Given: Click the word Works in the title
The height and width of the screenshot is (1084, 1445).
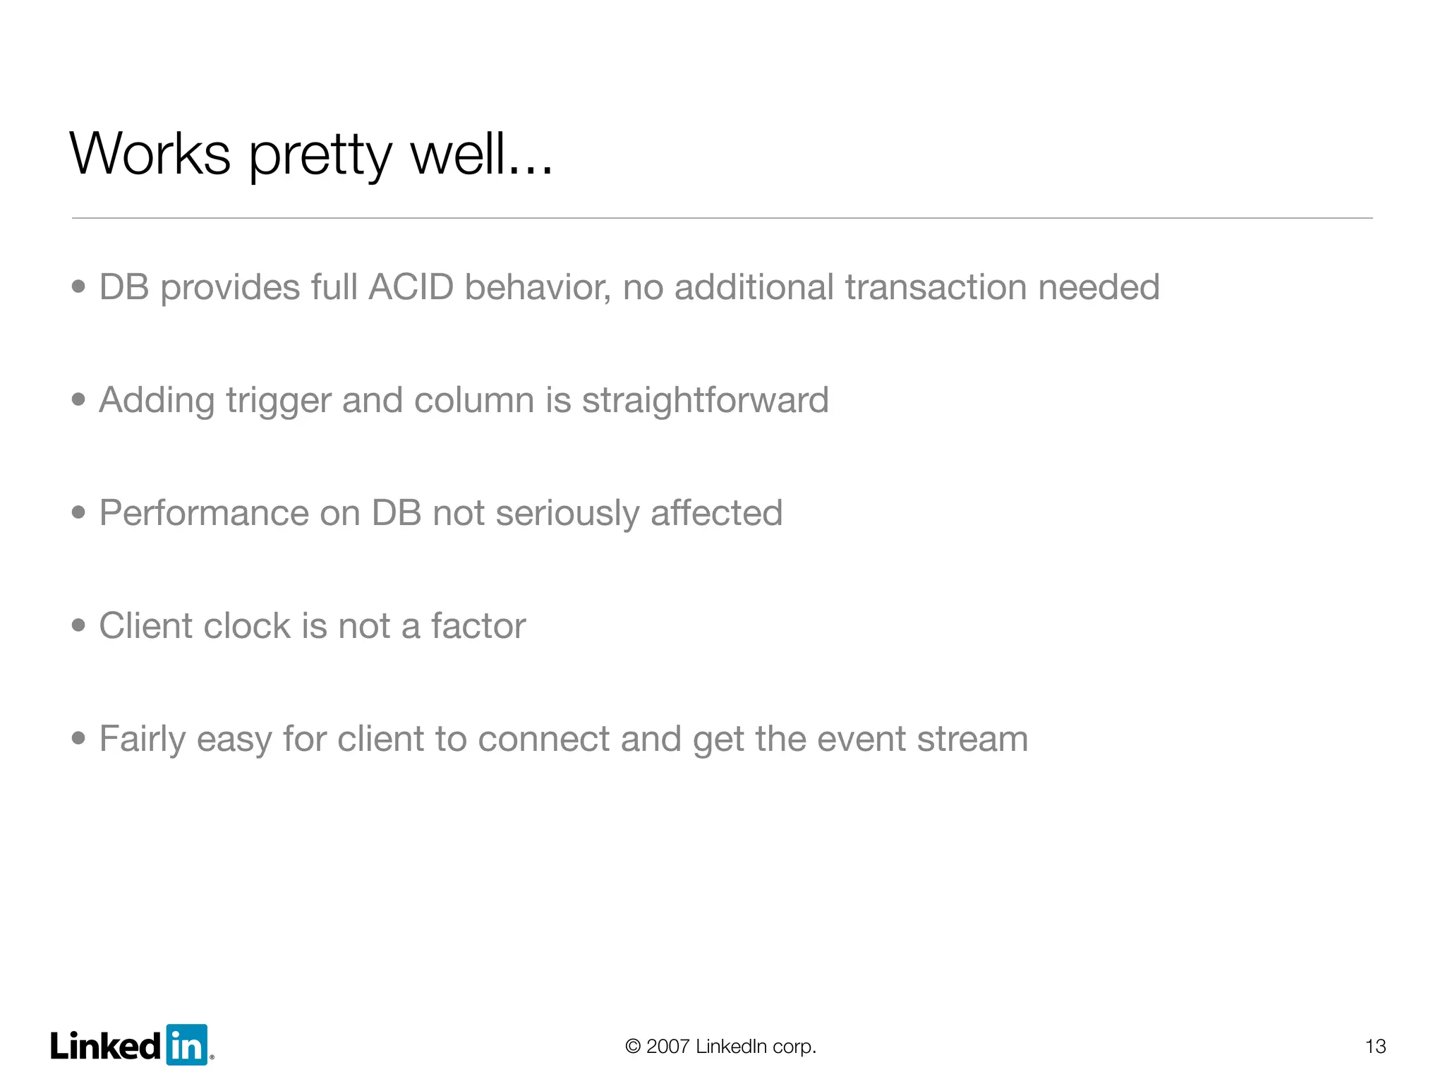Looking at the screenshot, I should coord(150,154).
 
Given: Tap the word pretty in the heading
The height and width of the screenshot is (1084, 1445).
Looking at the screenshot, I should coord(320,157).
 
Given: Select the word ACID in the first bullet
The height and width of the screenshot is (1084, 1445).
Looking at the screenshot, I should coord(411,287).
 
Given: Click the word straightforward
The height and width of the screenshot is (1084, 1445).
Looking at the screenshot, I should coord(705,400).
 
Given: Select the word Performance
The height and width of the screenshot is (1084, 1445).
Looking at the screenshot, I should coord(203,513).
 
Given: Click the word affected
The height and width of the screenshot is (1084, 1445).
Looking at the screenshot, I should coord(716,513).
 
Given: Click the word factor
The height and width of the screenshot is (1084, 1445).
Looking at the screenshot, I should coord(478,626).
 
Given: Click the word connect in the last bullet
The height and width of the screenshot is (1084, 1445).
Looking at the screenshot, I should coord(543,739).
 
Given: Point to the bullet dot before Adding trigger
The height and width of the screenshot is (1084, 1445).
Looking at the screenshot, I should coord(78,399).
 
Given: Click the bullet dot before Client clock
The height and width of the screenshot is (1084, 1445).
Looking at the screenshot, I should coord(78,625).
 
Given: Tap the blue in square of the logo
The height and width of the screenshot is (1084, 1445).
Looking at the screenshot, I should coord(187,1044).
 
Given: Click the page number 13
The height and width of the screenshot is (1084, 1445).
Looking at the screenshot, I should coord(1375,1046).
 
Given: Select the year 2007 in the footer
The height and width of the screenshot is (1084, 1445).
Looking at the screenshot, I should coord(667,1046).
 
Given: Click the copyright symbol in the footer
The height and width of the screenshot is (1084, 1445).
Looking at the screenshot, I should coord(633,1046).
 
